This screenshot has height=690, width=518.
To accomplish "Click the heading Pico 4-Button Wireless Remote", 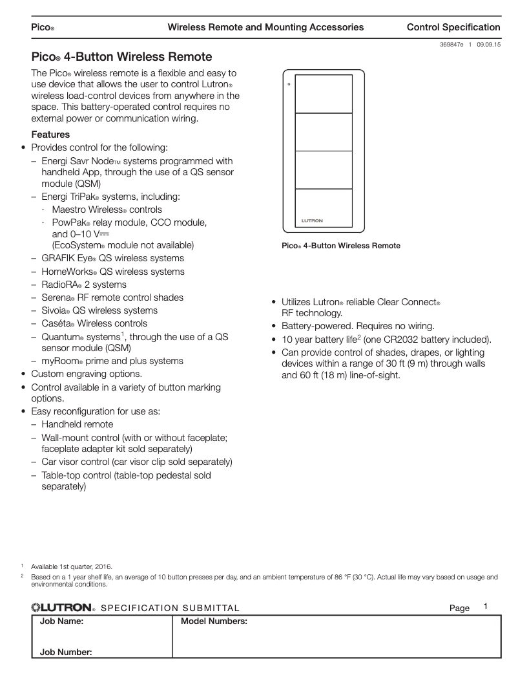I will (121, 58).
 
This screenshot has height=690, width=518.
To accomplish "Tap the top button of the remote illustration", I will (324, 94).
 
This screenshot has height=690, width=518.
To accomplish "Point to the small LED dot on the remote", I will (289, 84).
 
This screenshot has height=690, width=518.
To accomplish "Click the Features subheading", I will (50, 135).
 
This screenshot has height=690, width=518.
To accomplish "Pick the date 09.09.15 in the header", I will (489, 44).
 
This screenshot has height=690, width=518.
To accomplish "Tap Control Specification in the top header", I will (453, 27).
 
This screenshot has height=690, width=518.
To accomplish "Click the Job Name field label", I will (62, 621).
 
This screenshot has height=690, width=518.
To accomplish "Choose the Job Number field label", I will (66, 652).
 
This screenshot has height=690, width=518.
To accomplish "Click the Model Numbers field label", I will (214, 621).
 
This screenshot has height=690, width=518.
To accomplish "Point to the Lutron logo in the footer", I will (63, 607).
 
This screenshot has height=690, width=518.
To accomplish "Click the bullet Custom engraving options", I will (87, 374).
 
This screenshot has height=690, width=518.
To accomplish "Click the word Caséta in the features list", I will (58, 323).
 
